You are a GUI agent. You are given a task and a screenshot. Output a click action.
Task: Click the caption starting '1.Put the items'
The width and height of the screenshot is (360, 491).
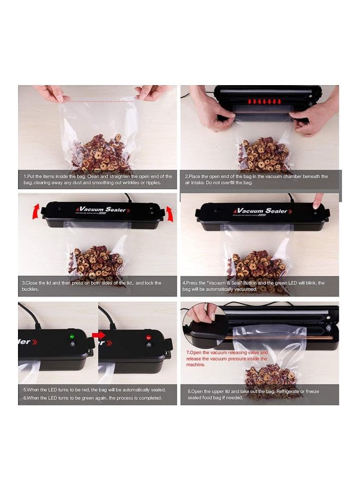(x=98, y=179)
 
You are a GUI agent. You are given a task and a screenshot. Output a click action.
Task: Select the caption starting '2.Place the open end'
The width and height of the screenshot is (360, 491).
(x=256, y=179)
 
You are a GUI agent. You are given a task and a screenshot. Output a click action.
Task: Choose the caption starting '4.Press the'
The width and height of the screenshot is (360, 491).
(x=253, y=286)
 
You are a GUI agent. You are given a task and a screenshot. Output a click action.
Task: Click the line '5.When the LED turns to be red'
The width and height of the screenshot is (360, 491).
(x=94, y=390)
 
